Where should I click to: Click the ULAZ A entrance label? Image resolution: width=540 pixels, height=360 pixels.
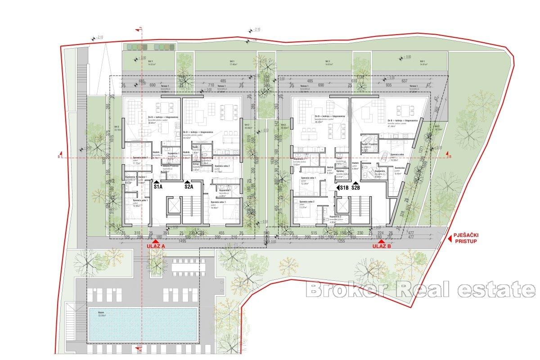(156, 247)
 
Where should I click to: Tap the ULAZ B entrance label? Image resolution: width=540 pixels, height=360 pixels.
(382, 247)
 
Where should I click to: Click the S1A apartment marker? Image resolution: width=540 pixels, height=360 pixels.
(158, 186)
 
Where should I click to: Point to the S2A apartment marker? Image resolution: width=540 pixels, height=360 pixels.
(188, 186)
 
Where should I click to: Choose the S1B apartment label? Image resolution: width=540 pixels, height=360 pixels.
(344, 188)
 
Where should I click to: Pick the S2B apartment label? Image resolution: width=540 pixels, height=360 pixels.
(355, 188)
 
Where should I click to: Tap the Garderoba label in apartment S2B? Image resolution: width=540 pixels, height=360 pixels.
(400, 168)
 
